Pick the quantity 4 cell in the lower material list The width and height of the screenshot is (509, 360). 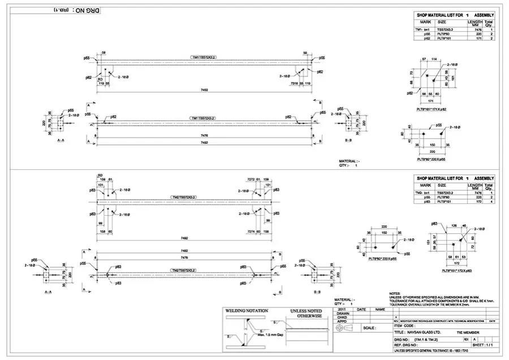491,202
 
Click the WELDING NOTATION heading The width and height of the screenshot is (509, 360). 246,311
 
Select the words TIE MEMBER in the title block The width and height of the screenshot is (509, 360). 470,332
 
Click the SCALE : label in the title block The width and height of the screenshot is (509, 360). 369,328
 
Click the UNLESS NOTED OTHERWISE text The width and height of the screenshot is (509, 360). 305,314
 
